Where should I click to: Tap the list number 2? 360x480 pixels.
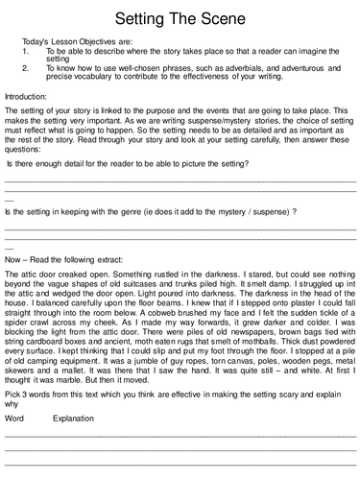pos(25,69)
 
